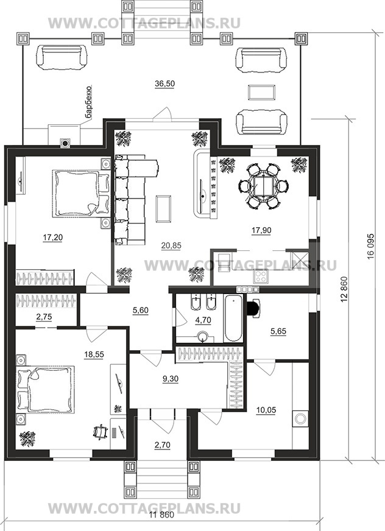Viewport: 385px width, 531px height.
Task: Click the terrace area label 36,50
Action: tap(164, 84)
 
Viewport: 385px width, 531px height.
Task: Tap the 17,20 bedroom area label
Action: tap(53, 237)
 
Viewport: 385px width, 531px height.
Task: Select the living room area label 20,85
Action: tap(171, 246)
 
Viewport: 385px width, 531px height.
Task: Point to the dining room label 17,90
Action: tap(261, 230)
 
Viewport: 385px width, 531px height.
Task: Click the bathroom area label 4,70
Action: tap(203, 320)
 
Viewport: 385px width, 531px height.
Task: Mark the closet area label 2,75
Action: tap(44, 317)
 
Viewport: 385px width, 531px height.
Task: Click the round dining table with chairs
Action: tap(264, 186)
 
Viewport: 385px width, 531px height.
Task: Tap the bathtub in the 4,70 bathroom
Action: tap(233, 318)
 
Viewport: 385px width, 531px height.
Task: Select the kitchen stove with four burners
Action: tap(261, 276)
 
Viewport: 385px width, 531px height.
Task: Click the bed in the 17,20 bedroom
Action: tap(81, 194)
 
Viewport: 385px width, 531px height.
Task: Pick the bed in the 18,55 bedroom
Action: tap(46, 389)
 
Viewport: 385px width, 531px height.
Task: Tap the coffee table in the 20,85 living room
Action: tap(163, 209)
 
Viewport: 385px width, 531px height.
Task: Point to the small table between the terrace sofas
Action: tap(261, 93)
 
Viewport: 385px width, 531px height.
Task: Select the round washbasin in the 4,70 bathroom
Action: tap(203, 337)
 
